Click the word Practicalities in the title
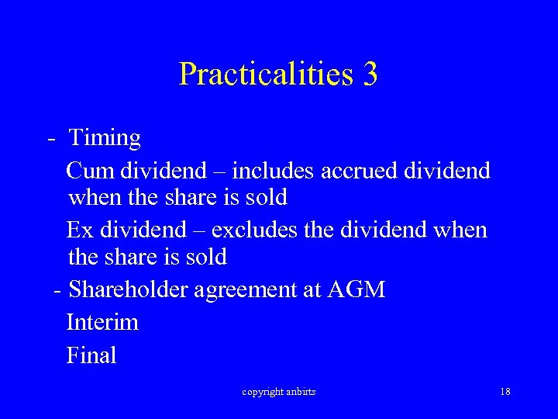click(x=266, y=74)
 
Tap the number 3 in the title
click(x=370, y=74)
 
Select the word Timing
click(x=105, y=138)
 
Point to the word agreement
click(x=246, y=290)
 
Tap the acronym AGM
click(x=356, y=290)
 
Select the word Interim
click(x=102, y=322)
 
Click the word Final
click(x=91, y=355)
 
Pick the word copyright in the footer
click(x=263, y=392)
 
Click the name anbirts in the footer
click(x=301, y=392)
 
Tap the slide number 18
click(x=505, y=392)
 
